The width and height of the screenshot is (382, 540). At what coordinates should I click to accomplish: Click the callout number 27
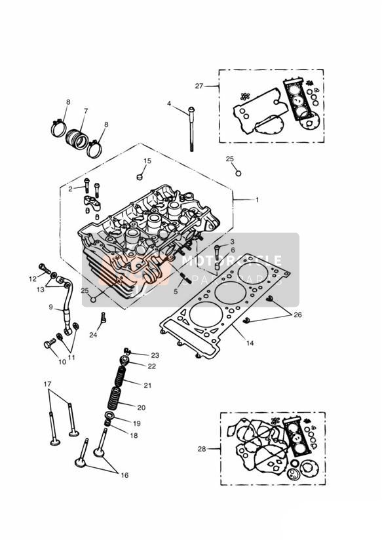click(199, 86)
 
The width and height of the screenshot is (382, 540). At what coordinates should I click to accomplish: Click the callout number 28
click(202, 449)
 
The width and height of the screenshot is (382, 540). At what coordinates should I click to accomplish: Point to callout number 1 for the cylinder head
click(257, 199)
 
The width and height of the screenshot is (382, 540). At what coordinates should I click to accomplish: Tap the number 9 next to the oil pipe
click(50, 306)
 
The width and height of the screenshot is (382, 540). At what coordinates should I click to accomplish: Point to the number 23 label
click(155, 355)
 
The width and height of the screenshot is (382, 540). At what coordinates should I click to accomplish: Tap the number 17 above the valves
click(47, 383)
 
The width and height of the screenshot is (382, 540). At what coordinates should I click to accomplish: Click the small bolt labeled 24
click(103, 320)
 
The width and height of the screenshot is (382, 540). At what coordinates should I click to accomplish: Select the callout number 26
click(299, 315)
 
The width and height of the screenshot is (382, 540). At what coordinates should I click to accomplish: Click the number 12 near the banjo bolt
click(33, 279)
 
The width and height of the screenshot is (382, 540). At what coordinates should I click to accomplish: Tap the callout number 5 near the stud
click(175, 291)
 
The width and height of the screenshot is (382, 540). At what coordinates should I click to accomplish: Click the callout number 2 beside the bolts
click(70, 189)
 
